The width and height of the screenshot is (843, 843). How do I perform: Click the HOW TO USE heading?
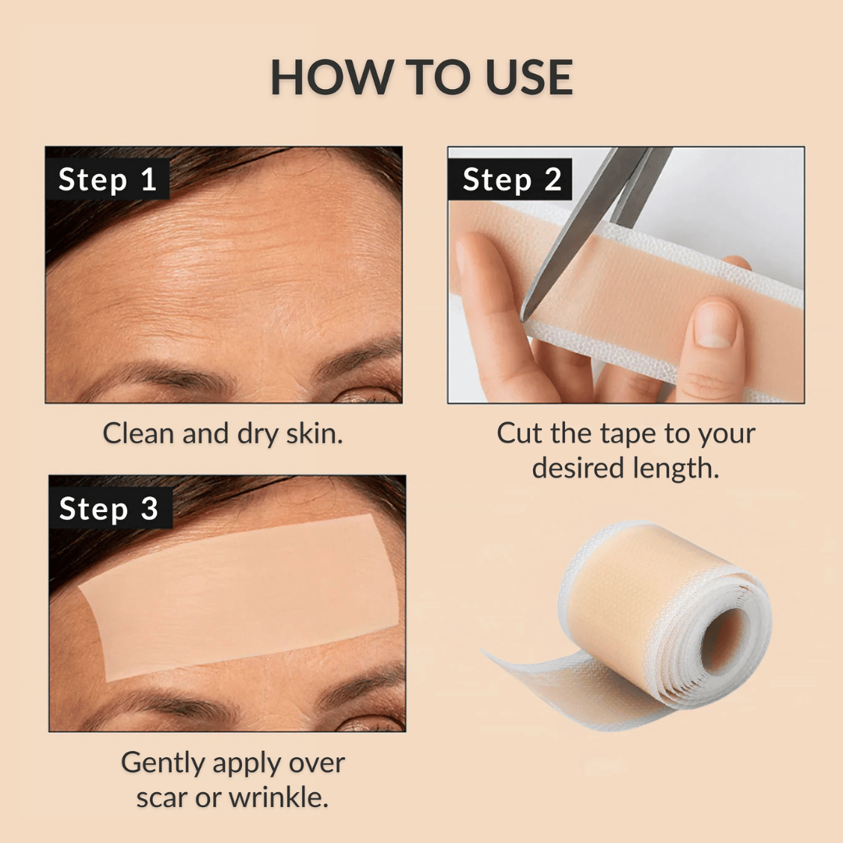point(421,77)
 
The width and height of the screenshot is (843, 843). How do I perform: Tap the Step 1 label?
point(108,180)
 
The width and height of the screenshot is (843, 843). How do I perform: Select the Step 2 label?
point(511,180)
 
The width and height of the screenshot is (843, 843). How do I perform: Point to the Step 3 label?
point(108,509)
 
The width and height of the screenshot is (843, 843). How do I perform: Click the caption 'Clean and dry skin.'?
point(223,434)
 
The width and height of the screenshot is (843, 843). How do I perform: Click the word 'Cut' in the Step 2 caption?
point(519,433)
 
